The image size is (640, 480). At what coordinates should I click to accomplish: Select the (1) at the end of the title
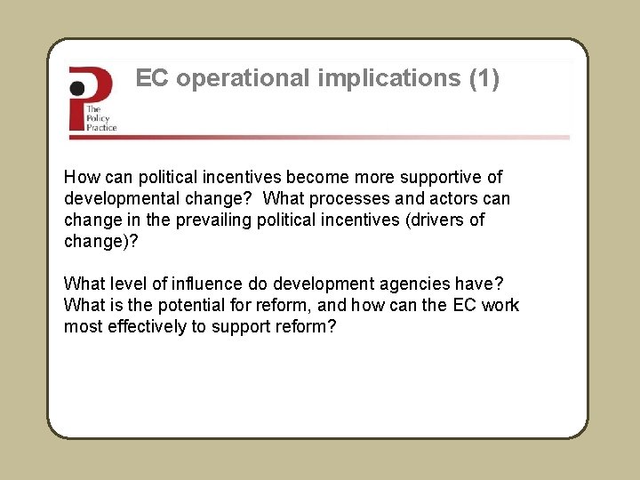coord(484,79)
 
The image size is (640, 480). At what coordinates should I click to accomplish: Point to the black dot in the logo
coord(78,88)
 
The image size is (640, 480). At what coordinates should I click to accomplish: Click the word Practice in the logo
coord(101,127)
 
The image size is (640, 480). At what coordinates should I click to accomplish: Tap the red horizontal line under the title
coord(320,138)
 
